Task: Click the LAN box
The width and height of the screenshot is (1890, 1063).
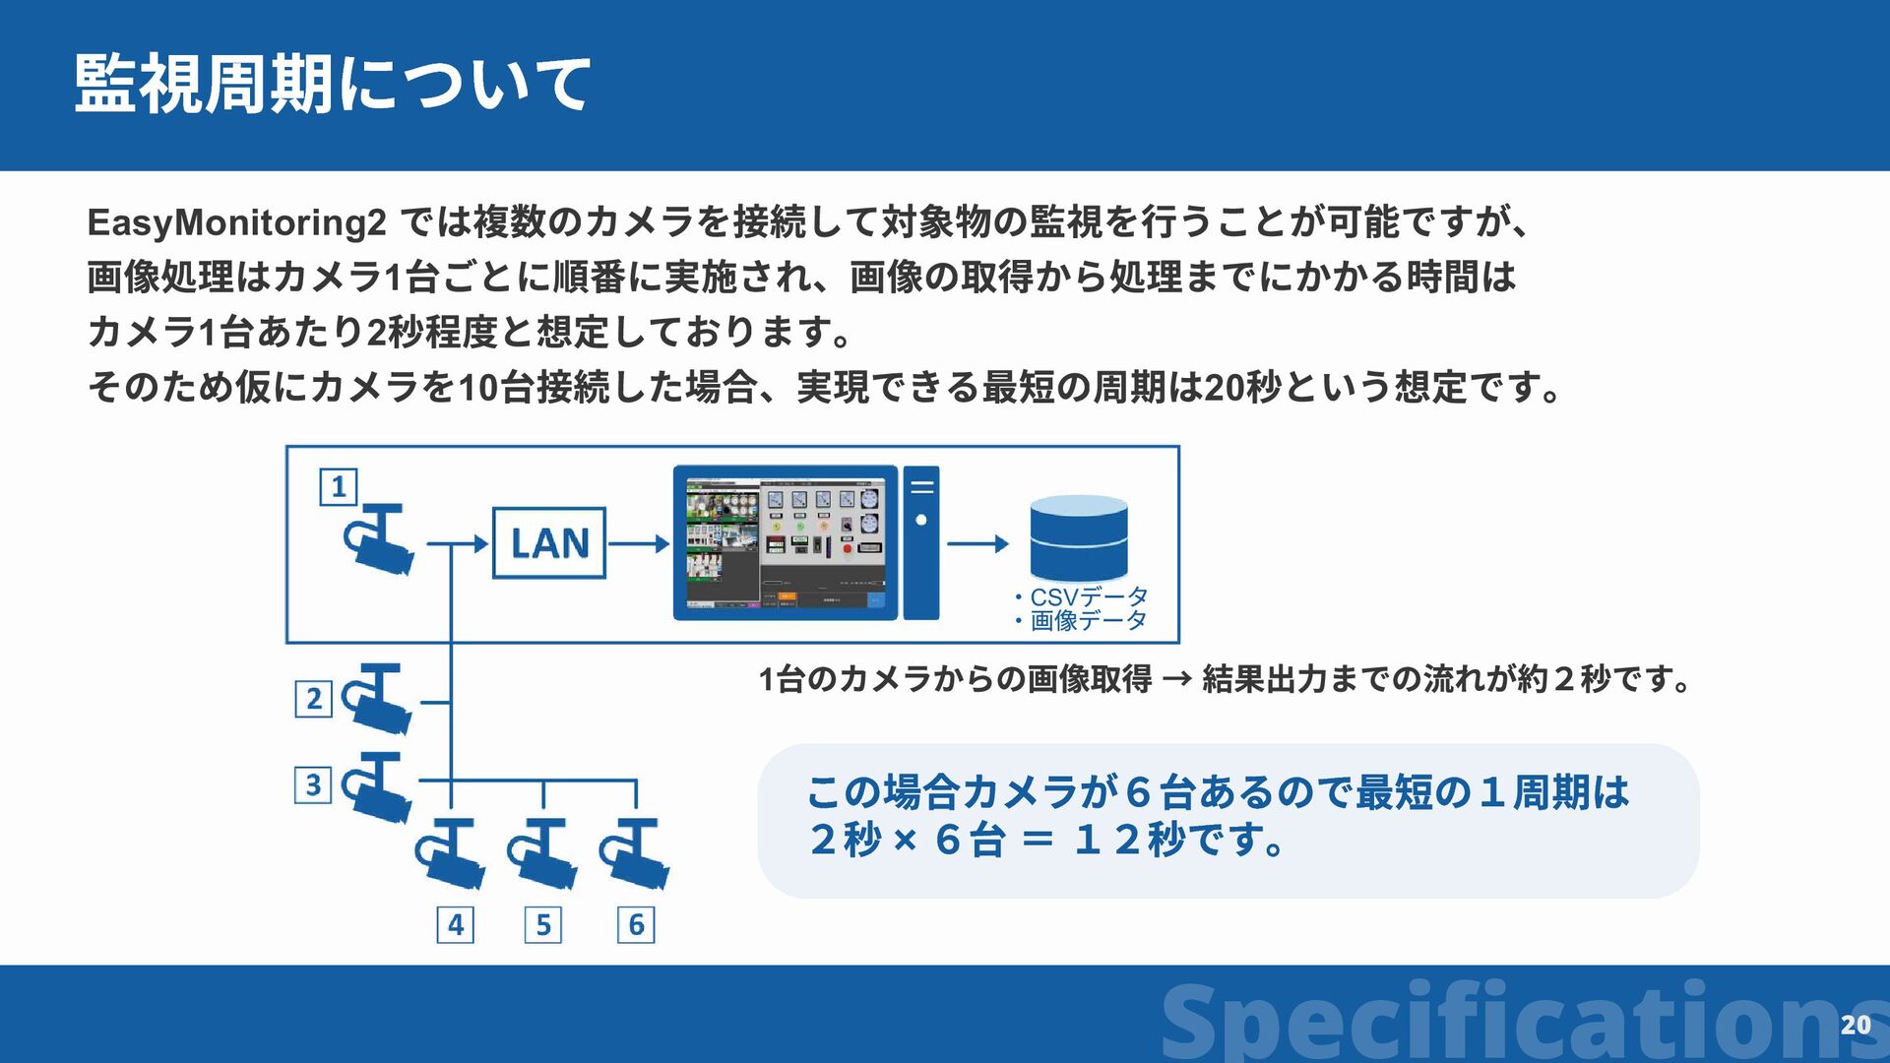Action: pos(548,542)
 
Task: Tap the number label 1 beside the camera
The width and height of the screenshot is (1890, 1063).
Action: pos(339,487)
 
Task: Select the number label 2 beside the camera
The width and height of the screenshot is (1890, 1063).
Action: pos(313,699)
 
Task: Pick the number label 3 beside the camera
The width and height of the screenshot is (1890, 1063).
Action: pos(313,784)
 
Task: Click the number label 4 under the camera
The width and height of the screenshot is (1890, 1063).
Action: pos(455,924)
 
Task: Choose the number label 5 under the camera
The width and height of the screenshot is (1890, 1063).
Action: pos(543,924)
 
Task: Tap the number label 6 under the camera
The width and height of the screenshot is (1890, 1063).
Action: pos(636,924)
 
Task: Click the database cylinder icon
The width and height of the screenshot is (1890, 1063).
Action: pos(1078,537)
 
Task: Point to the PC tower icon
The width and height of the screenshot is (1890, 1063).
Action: pos(921,542)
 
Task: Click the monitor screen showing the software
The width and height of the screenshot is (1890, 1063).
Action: pos(785,542)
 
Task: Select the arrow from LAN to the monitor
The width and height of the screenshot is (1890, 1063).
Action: pos(639,543)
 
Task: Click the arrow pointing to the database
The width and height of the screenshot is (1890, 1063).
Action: pos(978,543)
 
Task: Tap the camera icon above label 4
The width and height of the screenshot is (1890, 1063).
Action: pos(449,851)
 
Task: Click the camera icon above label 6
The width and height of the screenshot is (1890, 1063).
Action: pos(635,851)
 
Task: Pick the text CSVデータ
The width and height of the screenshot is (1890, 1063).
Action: pos(1088,596)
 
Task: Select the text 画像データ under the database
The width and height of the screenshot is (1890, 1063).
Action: pos(1088,620)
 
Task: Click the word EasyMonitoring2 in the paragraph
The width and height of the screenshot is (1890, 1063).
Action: pos(236,222)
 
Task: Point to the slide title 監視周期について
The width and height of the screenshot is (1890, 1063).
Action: pos(332,84)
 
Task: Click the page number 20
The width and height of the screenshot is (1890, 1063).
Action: pos(1856,1025)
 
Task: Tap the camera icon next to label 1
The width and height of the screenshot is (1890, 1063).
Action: pos(379,538)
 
